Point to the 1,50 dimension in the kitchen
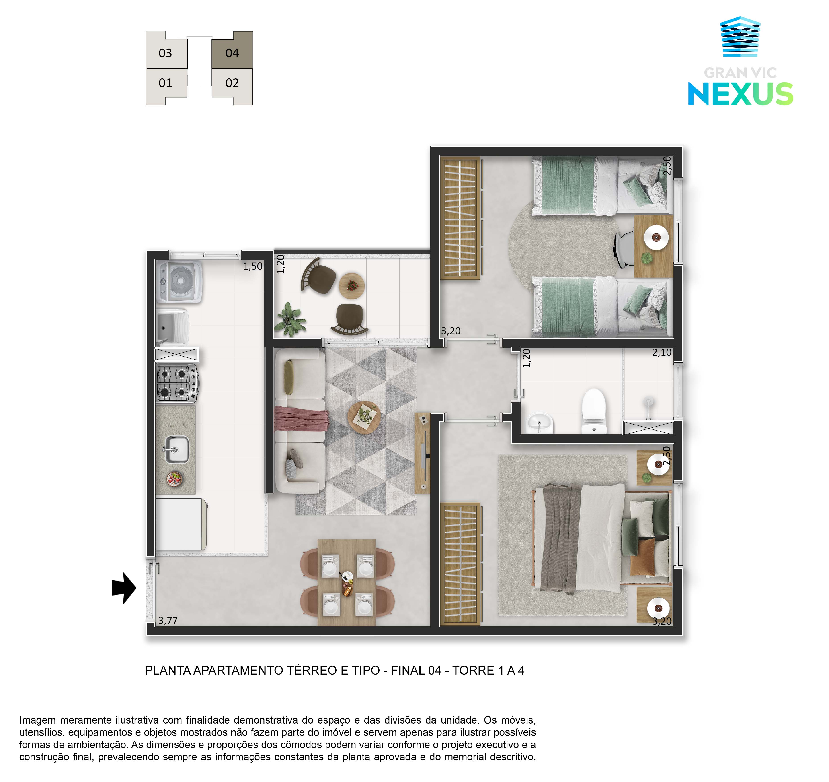(x=253, y=266)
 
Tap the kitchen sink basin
(x=176, y=449)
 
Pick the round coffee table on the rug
(x=364, y=418)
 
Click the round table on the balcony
(x=351, y=286)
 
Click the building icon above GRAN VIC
(x=740, y=37)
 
